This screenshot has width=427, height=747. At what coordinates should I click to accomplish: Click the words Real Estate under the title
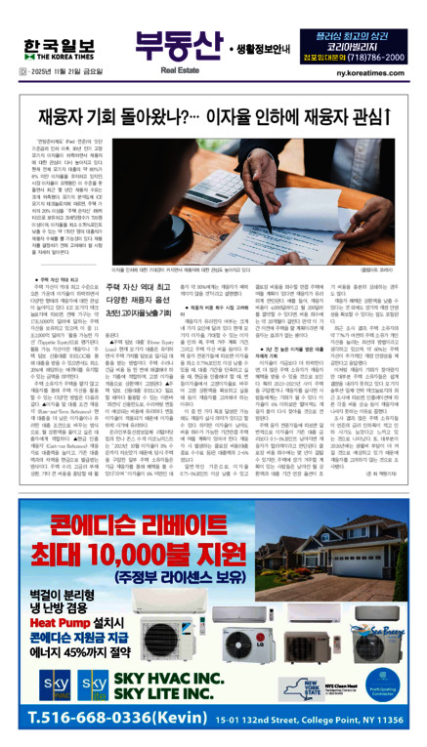point(171,71)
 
